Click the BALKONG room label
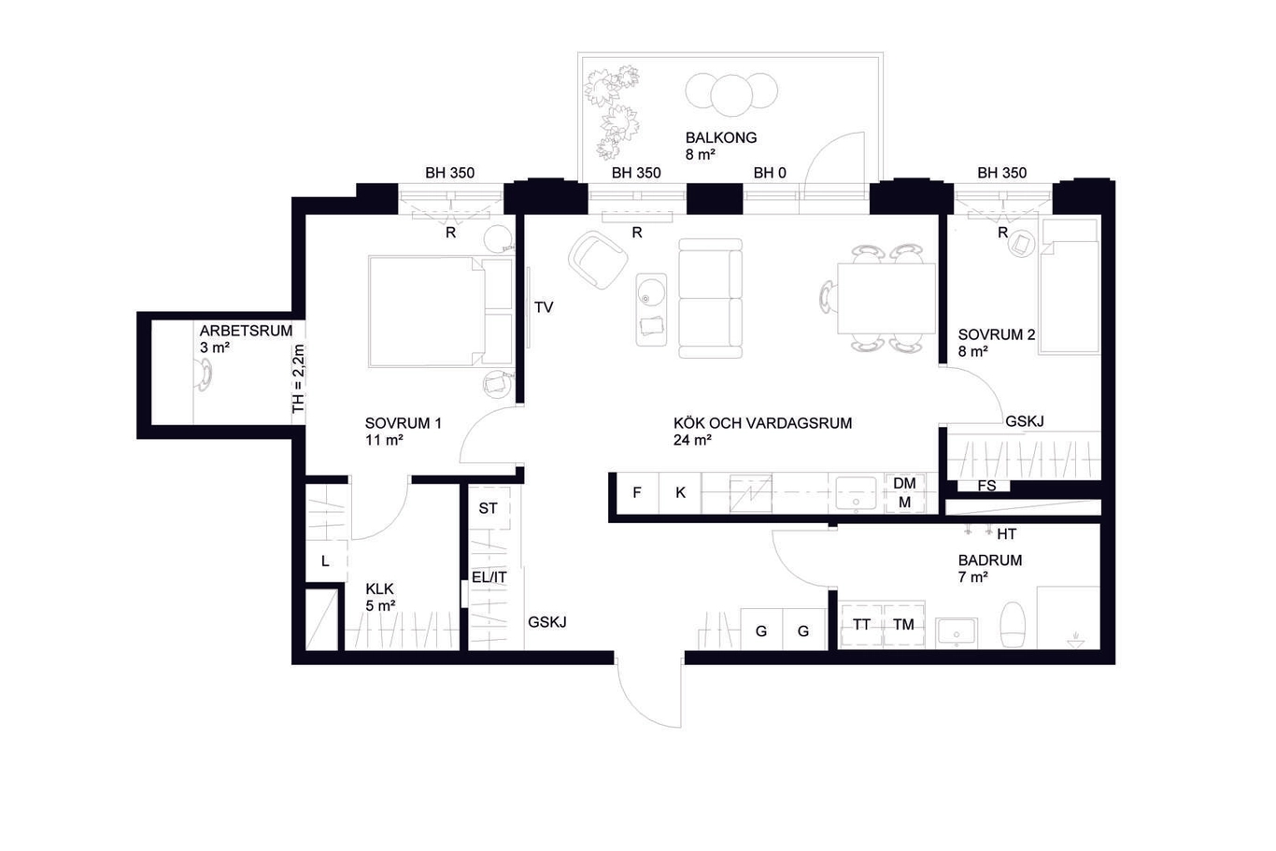[720, 138]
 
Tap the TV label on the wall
[544, 307]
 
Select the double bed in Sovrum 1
[441, 311]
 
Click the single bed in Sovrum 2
[1070, 287]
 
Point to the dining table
[886, 299]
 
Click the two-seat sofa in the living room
[710, 299]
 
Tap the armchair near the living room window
[598, 260]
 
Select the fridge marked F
[637, 492]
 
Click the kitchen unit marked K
[680, 492]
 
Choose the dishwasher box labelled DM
[904, 493]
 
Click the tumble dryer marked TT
[861, 625]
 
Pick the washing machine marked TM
[904, 625]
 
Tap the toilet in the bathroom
[1013, 624]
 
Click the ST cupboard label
[488, 508]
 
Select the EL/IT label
[489, 577]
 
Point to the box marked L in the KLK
[326, 560]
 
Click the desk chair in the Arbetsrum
[203, 376]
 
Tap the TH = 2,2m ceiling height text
[299, 378]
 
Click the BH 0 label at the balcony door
[770, 173]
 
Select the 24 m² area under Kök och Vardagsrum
[692, 440]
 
